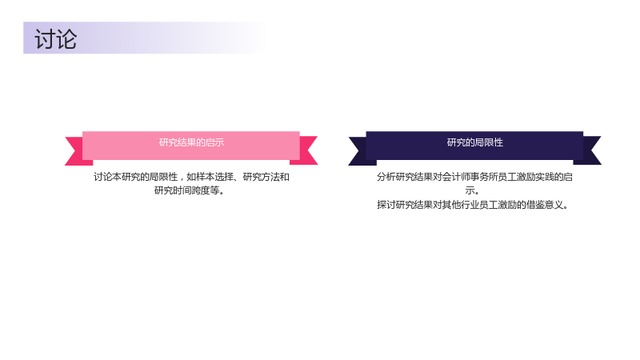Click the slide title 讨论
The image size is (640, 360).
[55, 39]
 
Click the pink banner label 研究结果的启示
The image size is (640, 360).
[191, 142]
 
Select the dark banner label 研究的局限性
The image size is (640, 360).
[474, 142]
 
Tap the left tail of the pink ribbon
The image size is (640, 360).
[75, 151]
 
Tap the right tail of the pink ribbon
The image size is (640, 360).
[306, 150]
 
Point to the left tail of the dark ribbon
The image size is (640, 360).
[359, 151]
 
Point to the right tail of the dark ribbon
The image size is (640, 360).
[590, 150]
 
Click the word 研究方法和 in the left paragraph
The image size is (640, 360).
[266, 177]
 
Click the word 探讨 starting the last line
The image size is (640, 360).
[386, 205]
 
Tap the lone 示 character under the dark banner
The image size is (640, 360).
[470, 190]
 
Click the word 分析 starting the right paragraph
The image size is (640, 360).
[386, 177]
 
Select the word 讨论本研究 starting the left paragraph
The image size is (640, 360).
[117, 177]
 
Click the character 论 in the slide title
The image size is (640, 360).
[66, 39]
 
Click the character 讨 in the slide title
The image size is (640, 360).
[45, 39]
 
